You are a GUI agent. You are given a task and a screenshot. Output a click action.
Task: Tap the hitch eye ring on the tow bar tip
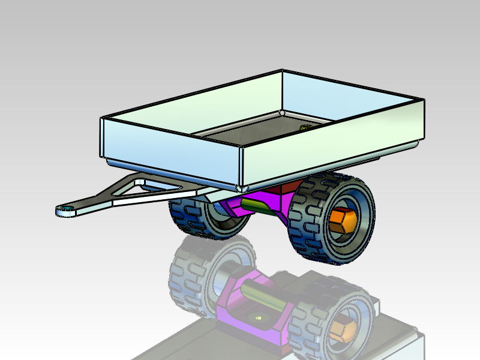(64, 210)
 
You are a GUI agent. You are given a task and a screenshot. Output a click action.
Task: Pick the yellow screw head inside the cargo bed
(304, 127)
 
